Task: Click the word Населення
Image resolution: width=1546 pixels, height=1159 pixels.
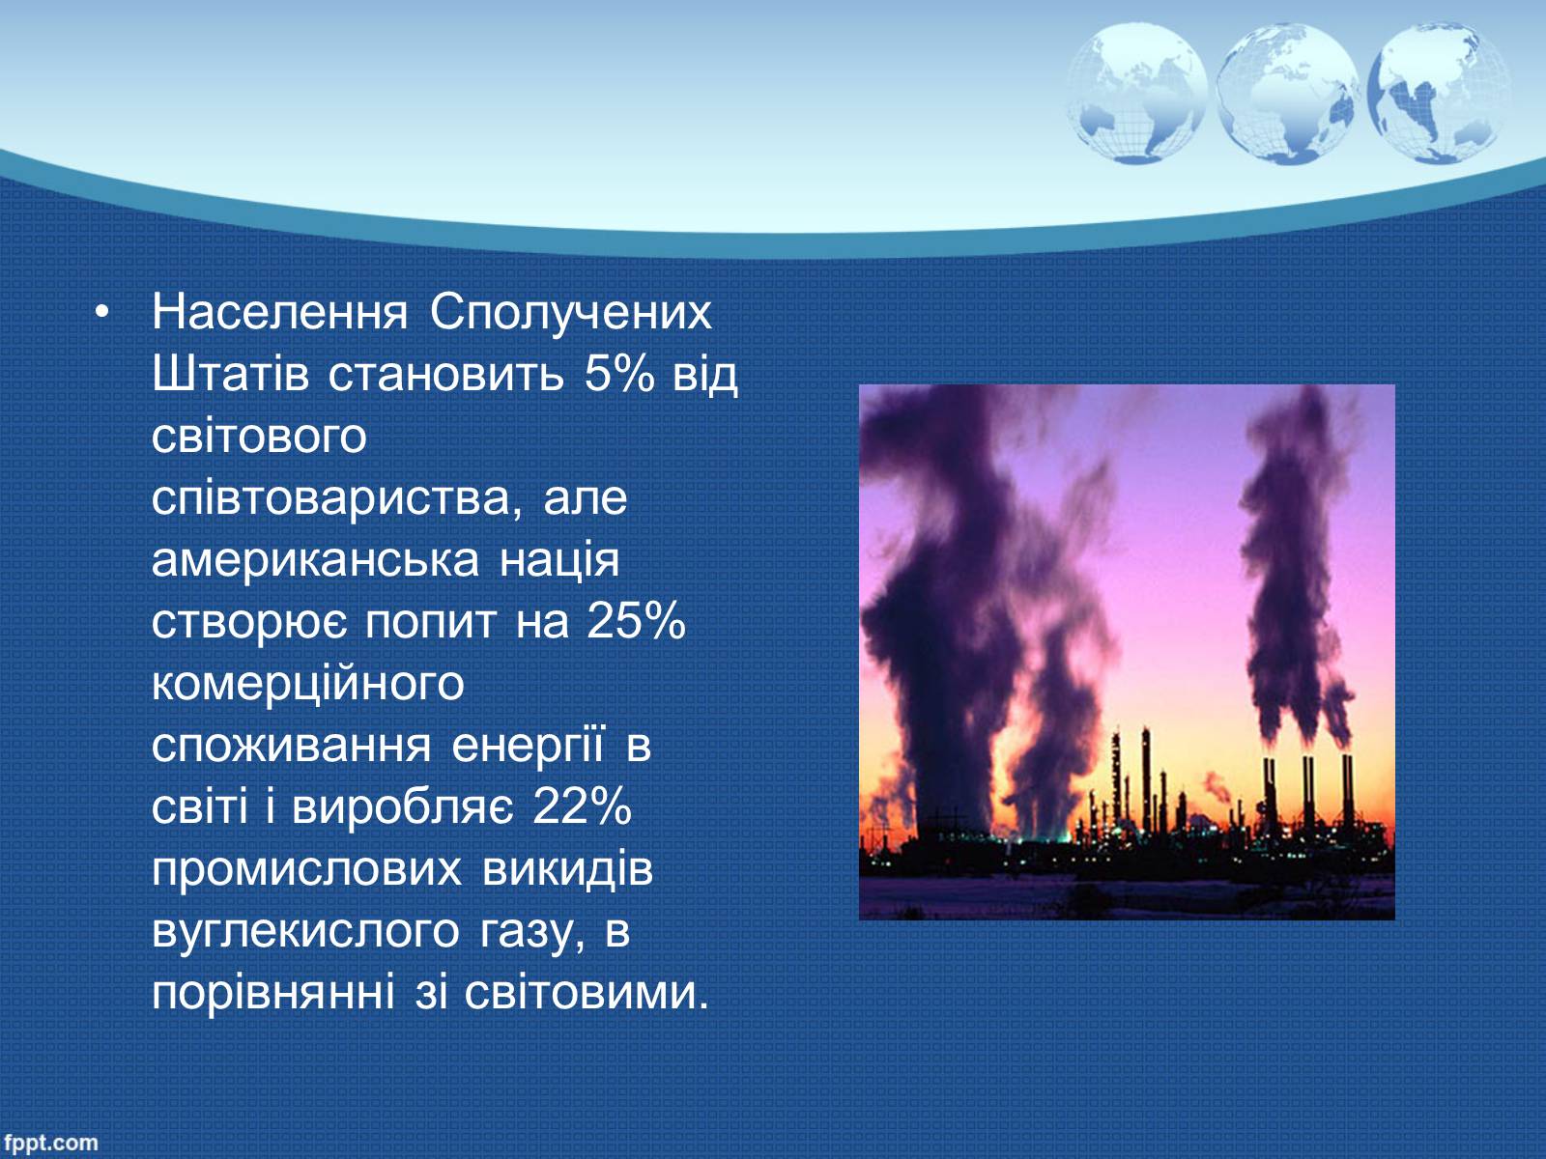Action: click(x=279, y=312)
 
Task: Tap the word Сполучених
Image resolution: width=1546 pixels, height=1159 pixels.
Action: click(x=570, y=312)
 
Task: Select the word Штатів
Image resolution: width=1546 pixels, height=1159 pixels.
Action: click(x=230, y=374)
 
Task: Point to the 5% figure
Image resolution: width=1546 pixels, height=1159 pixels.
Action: click(x=619, y=374)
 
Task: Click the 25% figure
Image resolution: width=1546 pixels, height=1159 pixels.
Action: click(x=635, y=621)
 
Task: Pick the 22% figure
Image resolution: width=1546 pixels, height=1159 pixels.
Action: click(x=582, y=806)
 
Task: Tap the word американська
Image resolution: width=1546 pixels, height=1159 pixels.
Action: click(x=315, y=560)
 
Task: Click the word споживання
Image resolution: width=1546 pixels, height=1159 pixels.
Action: click(x=291, y=746)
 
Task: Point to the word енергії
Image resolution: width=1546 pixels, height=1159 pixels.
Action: click(x=528, y=747)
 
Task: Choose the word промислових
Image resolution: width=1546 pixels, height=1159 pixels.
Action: click(x=306, y=870)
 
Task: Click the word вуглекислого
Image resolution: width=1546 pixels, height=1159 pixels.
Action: click(x=305, y=932)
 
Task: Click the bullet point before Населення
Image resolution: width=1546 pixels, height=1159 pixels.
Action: click(x=102, y=312)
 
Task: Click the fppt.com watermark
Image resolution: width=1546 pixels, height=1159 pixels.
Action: click(x=50, y=1143)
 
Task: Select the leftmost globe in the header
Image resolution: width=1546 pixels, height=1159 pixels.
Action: click(x=1136, y=95)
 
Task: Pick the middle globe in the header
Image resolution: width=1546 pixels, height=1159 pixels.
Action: click(x=1287, y=95)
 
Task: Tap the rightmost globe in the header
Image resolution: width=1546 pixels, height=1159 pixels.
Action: click(x=1439, y=95)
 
